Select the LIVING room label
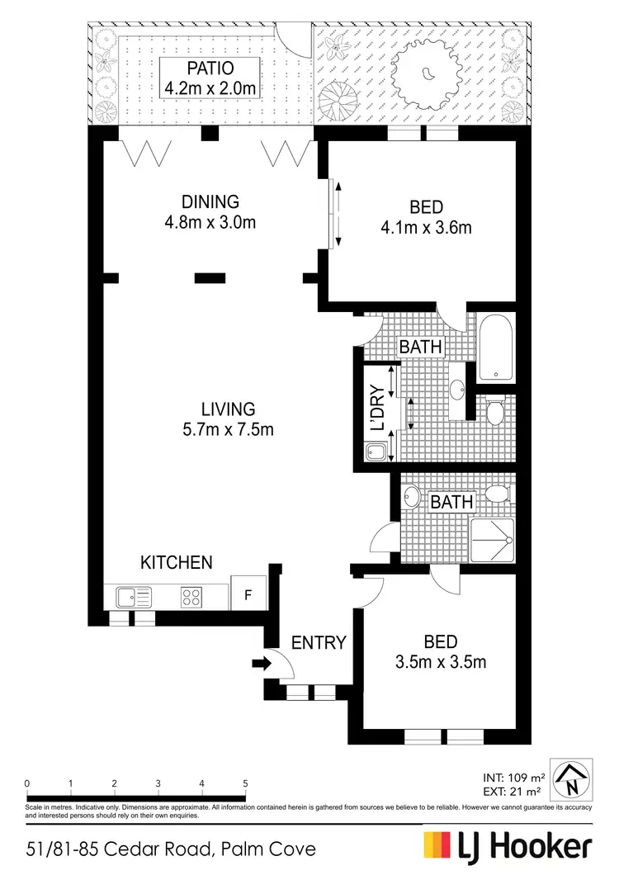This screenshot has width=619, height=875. tap(228, 409)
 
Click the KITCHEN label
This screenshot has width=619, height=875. tap(177, 562)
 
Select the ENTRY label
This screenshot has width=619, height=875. tap(318, 642)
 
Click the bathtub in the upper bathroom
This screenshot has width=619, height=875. tap(496, 347)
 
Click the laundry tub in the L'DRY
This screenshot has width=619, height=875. tap(376, 452)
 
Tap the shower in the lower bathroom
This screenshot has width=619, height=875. tap(492, 540)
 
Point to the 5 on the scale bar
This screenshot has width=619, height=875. tap(245, 783)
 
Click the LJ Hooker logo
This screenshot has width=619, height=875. tap(508, 847)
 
